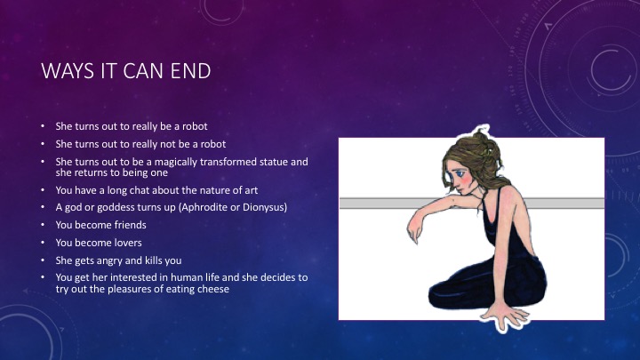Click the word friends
[x=128, y=225]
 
